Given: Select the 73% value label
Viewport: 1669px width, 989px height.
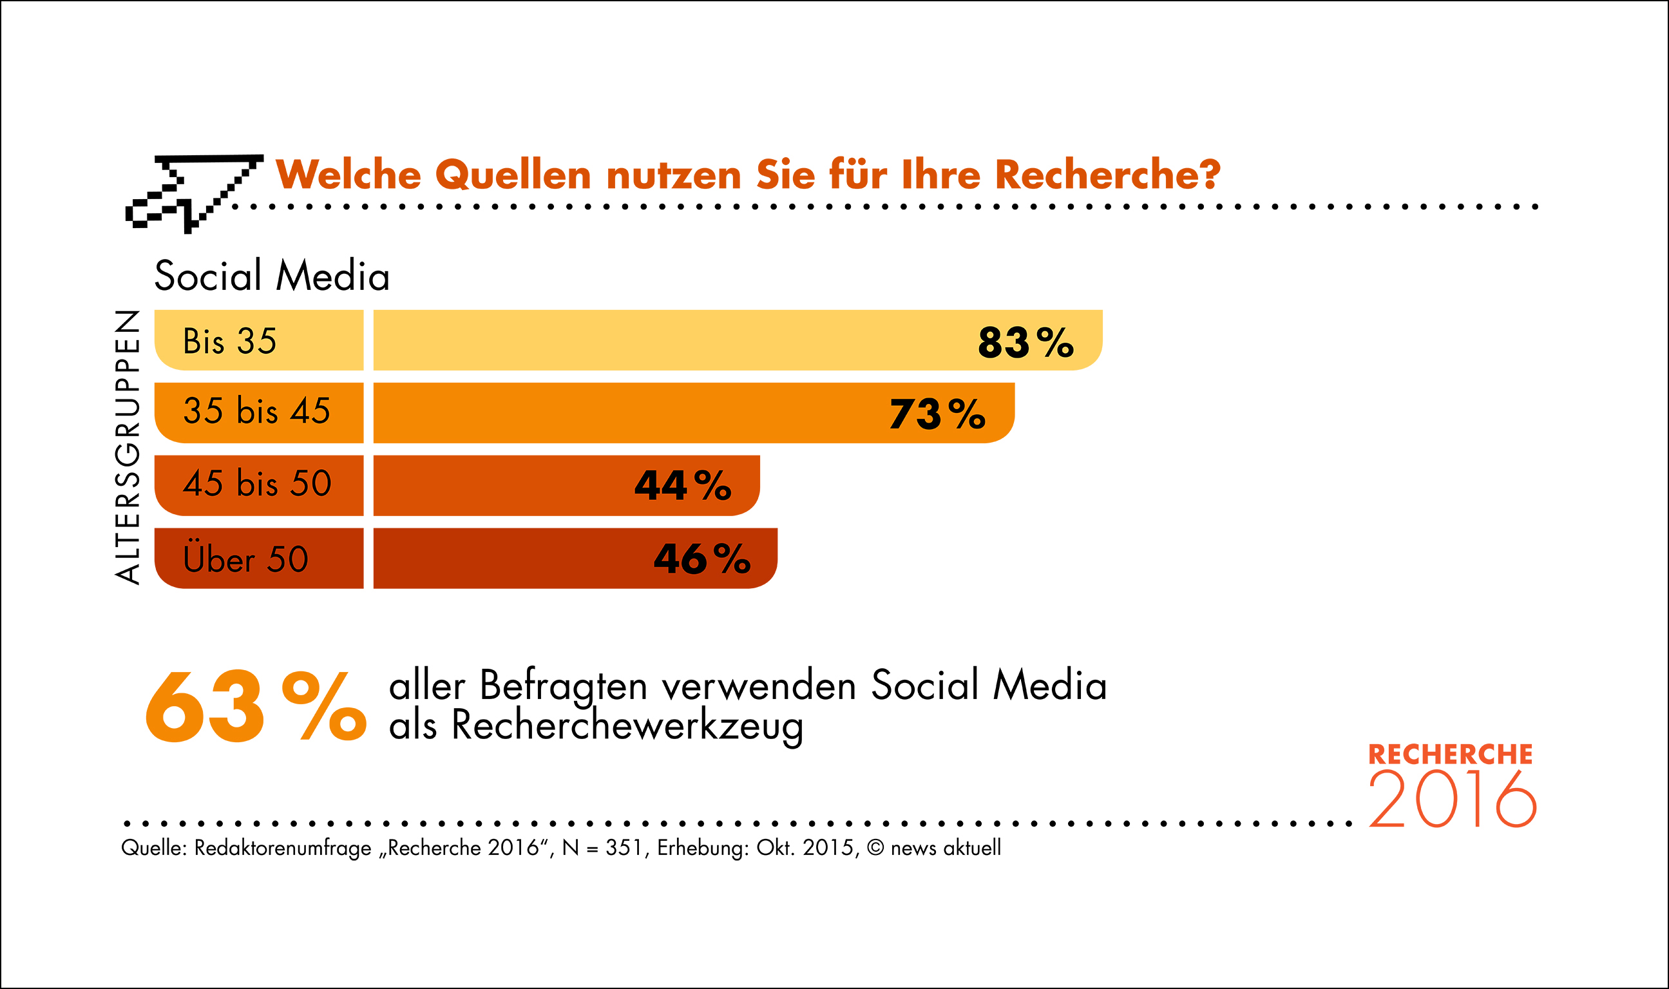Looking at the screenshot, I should coord(937,414).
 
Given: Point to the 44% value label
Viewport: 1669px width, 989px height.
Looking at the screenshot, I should coord(682,485).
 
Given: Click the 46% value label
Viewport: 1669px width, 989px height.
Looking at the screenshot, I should coord(701,559).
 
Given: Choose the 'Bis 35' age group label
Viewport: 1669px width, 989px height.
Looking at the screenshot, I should coord(229,341).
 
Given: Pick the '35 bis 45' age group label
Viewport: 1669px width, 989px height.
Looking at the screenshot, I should coord(256,410).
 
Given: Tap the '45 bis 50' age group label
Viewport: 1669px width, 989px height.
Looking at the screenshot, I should coord(257,483).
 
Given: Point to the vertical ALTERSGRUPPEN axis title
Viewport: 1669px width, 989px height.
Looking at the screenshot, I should coord(128,447).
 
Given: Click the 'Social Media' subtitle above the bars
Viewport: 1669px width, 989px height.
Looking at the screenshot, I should coord(272,276).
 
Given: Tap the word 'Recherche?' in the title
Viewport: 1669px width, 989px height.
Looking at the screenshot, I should coord(1107,175).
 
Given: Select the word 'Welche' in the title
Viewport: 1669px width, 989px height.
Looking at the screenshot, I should coord(348,175).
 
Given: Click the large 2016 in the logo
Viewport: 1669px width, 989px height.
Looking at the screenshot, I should coord(1453,800).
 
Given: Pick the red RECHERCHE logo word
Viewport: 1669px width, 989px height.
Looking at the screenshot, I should coord(1451,754).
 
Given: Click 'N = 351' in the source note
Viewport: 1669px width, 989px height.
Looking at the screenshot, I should coord(604,848).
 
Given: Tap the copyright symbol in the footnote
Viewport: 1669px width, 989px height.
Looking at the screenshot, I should coord(875,848).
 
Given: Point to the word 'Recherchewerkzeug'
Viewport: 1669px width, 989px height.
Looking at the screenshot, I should coord(627,725).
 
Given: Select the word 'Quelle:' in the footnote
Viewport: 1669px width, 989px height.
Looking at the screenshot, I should coord(153,848).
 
